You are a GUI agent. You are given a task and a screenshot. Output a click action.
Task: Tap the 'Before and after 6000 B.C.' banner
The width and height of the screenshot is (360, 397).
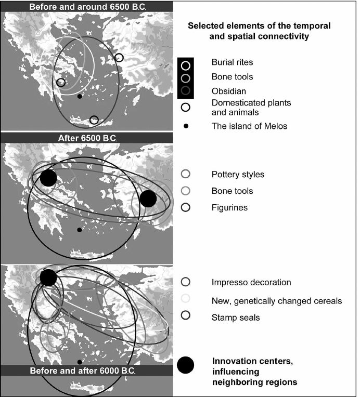coord(83,371)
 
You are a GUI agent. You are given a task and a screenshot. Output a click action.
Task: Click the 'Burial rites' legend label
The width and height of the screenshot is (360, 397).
coord(232,62)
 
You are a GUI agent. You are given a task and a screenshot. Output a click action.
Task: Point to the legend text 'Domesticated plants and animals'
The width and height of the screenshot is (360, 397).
coord(251,107)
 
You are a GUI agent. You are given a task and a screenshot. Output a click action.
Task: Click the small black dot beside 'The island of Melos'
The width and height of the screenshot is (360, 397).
coord(186,126)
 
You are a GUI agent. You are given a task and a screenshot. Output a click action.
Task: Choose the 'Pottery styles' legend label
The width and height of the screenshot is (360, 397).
coord(238,174)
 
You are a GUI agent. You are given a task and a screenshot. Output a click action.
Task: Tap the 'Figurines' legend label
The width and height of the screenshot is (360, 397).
coord(230,207)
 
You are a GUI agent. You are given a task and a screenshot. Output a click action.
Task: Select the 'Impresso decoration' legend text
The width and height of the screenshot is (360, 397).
coord(251,283)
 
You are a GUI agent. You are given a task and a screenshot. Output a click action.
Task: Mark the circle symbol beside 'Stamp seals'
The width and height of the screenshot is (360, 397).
coord(186,315)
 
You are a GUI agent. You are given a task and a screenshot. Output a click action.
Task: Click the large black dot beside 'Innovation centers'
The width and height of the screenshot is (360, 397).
coord(186,365)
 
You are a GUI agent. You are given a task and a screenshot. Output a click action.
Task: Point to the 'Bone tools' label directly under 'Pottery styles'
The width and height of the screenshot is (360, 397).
coord(232,191)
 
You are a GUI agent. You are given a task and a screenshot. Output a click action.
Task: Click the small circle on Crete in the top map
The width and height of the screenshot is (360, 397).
coord(94,120)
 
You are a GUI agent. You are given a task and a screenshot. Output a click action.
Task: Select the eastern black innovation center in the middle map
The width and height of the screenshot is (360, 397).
coord(148,198)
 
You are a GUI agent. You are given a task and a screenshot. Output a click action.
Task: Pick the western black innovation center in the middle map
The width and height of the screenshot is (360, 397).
coord(48,178)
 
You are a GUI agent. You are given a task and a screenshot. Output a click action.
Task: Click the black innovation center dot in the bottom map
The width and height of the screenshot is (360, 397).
coord(48,277)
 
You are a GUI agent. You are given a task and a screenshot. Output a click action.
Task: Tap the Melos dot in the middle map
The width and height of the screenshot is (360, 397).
coord(79,230)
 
